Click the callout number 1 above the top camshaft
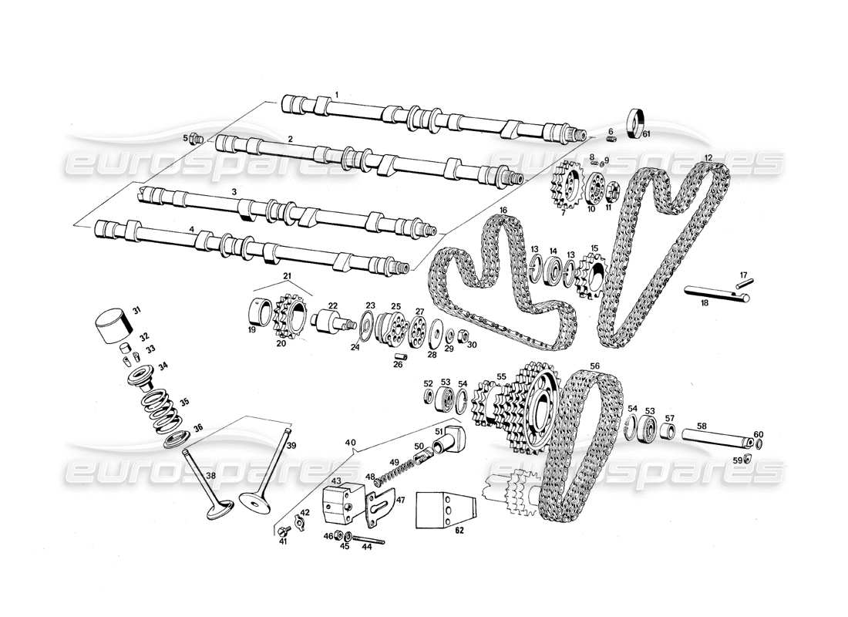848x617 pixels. coord(337,94)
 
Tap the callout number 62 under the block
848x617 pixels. coord(459,531)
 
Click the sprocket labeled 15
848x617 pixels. coord(592,274)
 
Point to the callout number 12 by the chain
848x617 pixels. coord(707,157)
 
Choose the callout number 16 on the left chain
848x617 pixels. coord(503,210)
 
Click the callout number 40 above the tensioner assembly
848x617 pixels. coord(351,442)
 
